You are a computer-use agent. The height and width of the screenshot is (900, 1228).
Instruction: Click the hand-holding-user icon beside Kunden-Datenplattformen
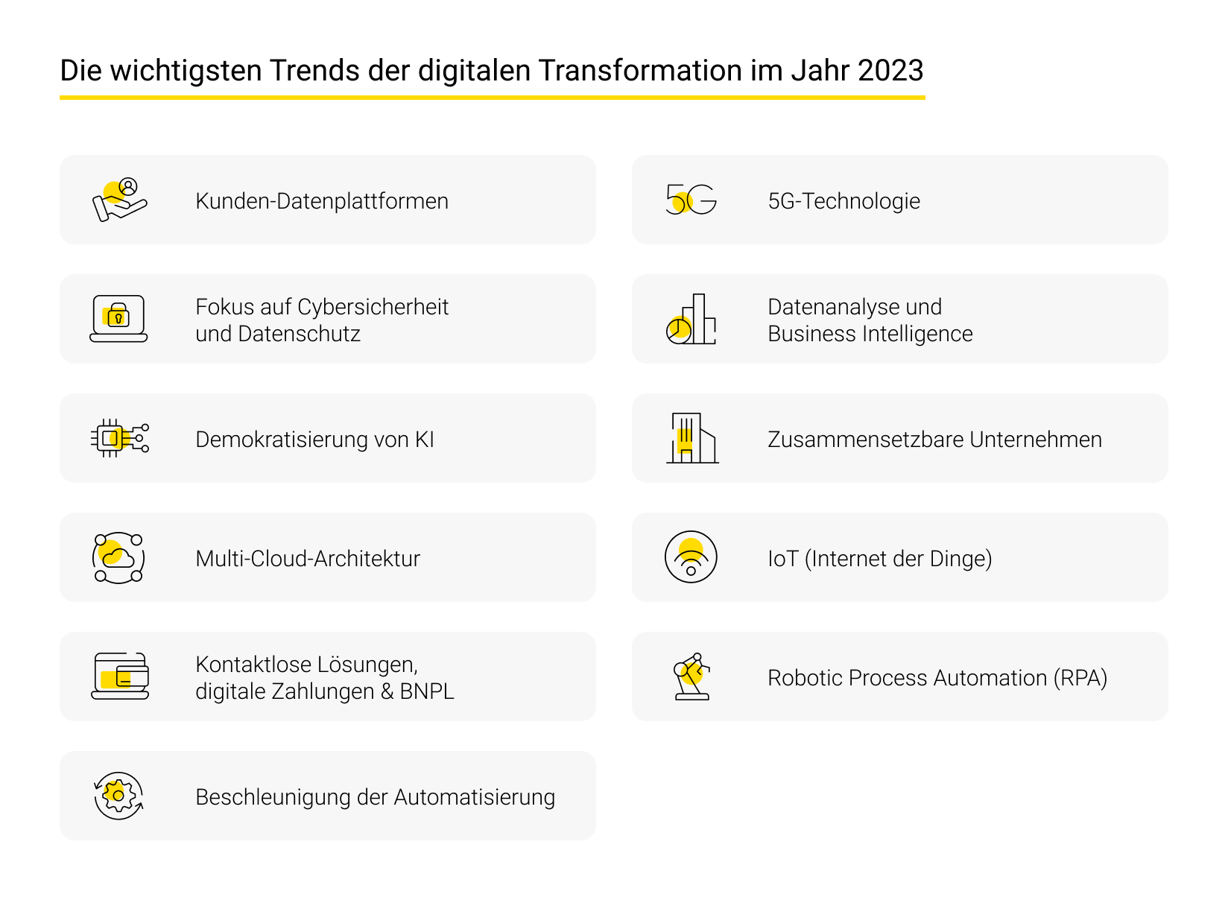(119, 200)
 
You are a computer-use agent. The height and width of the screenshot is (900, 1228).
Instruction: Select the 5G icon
(691, 200)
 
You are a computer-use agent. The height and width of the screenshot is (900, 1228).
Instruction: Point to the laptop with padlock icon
(118, 319)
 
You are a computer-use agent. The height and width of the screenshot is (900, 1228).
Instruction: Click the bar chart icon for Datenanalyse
(691, 319)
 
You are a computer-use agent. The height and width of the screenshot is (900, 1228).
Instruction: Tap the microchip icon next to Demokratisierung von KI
(119, 438)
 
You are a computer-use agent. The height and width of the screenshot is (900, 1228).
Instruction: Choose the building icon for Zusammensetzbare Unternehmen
(691, 438)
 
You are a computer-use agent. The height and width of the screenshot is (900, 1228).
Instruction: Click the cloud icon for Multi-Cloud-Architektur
(118, 557)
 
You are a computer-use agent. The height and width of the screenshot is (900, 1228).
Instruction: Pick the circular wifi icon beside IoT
(691, 557)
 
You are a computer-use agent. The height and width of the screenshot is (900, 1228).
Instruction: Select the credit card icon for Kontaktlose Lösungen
(120, 676)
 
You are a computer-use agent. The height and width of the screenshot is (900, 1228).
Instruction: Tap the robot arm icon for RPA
(691, 676)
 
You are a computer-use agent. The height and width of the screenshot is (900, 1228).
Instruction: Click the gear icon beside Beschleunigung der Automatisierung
(118, 796)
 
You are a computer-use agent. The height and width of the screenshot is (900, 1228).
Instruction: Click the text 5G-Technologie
(844, 201)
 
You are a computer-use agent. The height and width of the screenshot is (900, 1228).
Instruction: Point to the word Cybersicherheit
(373, 307)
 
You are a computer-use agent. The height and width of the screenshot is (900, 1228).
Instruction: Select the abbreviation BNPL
(427, 691)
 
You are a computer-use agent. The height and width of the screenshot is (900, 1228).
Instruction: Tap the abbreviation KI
(424, 440)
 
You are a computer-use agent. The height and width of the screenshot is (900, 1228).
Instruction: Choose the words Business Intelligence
(870, 334)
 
